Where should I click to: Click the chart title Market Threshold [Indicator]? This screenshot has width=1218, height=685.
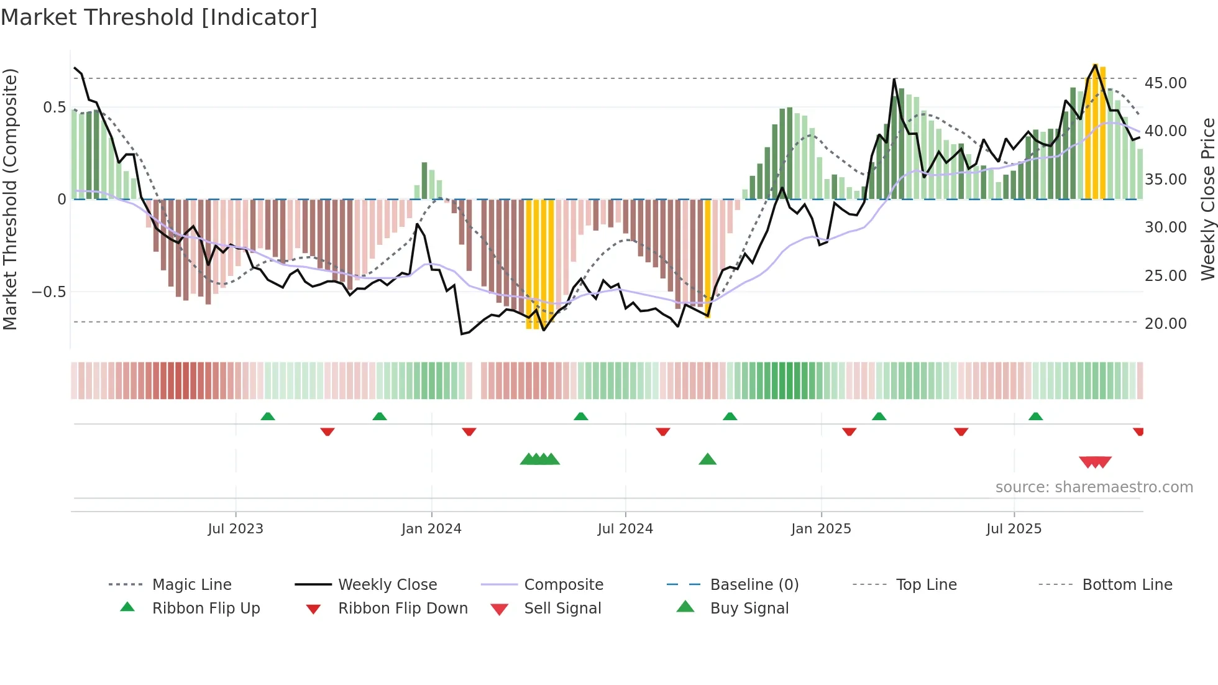click(x=159, y=17)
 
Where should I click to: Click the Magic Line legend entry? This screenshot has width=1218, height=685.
click(x=191, y=585)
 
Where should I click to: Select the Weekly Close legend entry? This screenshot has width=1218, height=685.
click(x=387, y=585)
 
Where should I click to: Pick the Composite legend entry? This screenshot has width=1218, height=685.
click(x=563, y=585)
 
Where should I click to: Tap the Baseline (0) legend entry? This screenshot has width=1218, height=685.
click(x=754, y=585)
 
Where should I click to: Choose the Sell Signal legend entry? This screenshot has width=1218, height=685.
click(x=562, y=609)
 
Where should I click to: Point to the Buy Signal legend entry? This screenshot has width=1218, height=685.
click(x=749, y=609)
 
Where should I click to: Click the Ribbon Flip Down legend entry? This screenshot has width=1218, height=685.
click(x=402, y=609)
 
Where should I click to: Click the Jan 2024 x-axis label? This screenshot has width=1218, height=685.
click(x=431, y=529)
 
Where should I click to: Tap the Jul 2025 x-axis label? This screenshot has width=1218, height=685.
click(x=1014, y=529)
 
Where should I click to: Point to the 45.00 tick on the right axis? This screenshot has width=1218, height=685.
click(x=1165, y=83)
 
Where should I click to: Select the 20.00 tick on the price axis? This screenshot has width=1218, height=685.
click(x=1165, y=324)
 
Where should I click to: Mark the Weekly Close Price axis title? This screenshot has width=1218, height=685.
click(x=1207, y=199)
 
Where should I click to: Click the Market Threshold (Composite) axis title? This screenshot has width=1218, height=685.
click(x=10, y=199)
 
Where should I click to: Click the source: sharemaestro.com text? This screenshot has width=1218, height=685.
click(x=1094, y=487)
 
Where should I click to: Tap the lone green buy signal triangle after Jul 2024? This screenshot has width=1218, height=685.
click(x=707, y=460)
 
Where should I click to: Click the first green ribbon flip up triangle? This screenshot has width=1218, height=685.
click(x=268, y=416)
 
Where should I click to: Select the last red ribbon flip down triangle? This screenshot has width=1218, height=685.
click(x=1138, y=431)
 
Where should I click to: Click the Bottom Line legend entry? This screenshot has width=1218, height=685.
click(x=1127, y=585)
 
